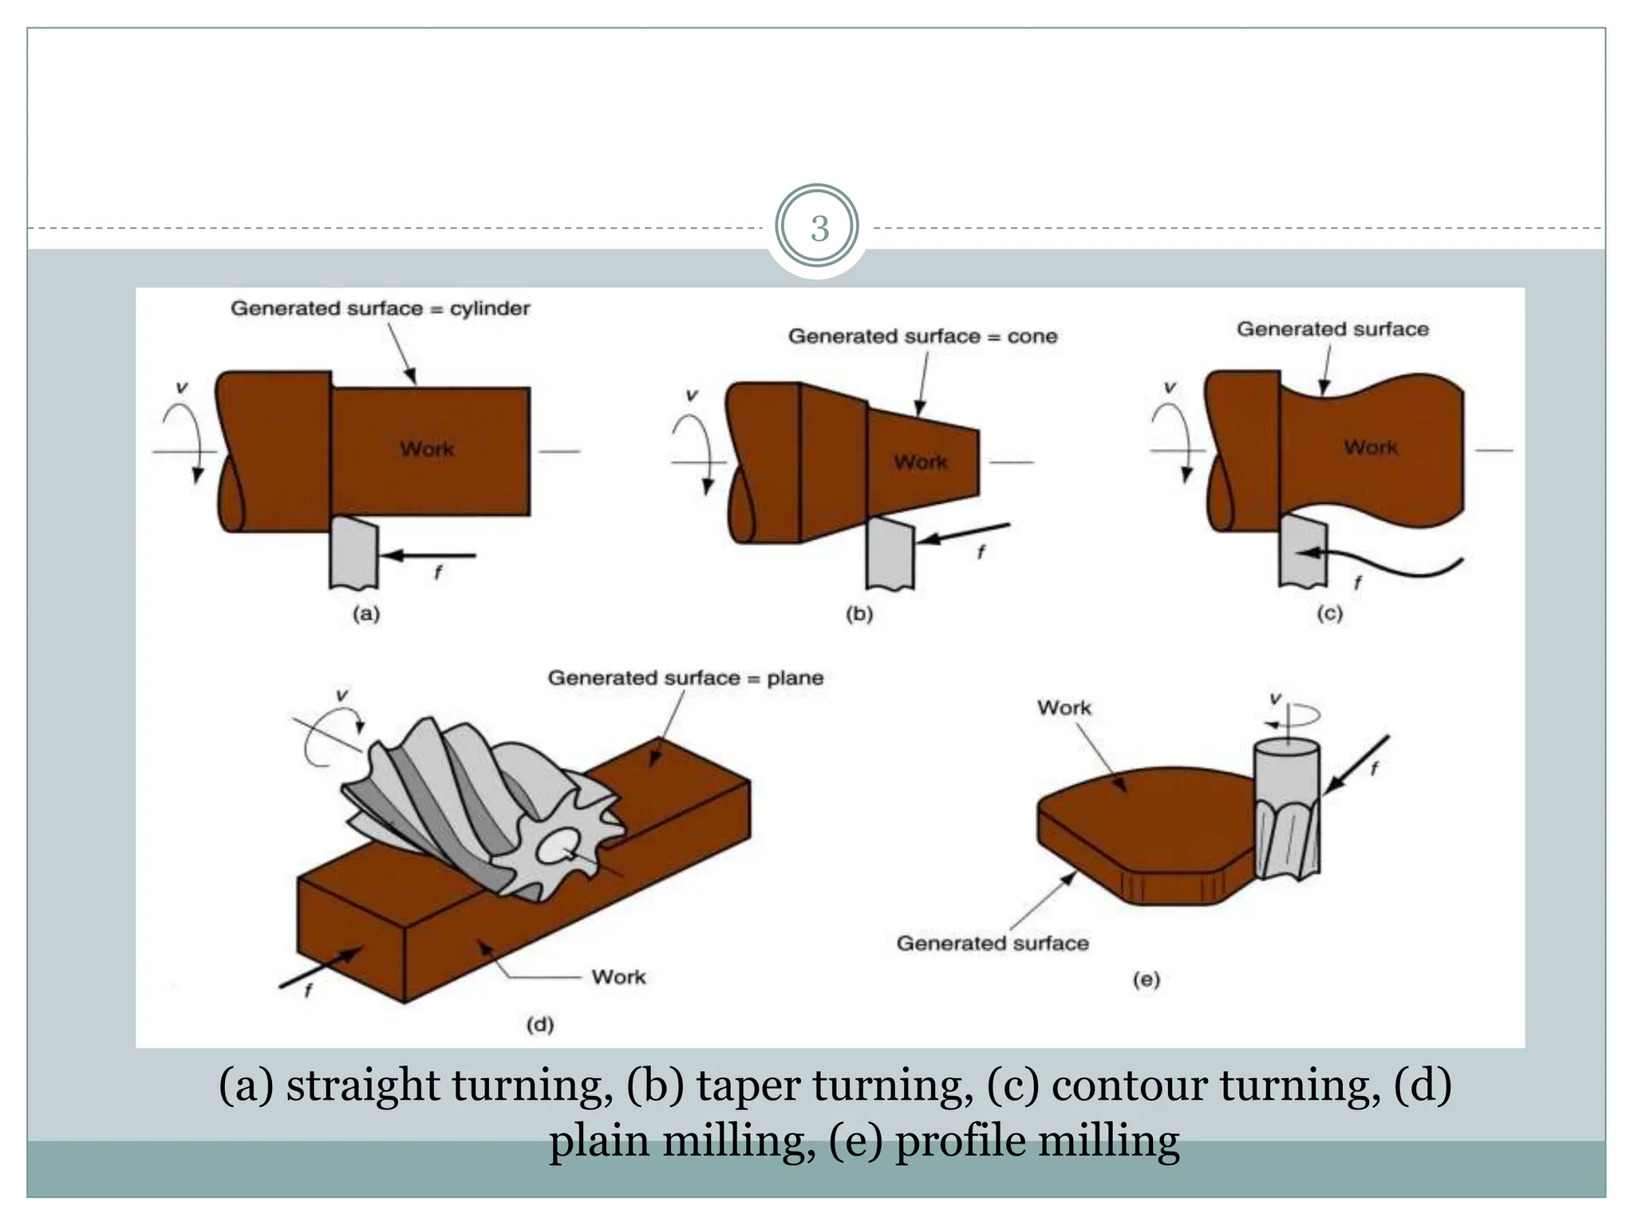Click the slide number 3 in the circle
pyautogui.click(x=819, y=229)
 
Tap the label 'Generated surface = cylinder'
pyautogui.click(x=380, y=309)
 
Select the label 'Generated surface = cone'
pyautogui.click(x=922, y=337)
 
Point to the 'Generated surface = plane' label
pyautogui.click(x=685, y=678)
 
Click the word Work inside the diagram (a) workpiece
pyautogui.click(x=427, y=449)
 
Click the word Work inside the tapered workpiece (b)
pyautogui.click(x=920, y=463)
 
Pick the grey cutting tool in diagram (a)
pyautogui.click(x=353, y=553)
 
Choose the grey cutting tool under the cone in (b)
pyautogui.click(x=890, y=554)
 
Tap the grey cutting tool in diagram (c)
pyautogui.click(x=1302, y=550)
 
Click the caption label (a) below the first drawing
pyautogui.click(x=366, y=614)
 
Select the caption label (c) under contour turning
pyautogui.click(x=1329, y=613)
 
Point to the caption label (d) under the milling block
pyautogui.click(x=540, y=1024)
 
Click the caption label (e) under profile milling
pyautogui.click(x=1146, y=979)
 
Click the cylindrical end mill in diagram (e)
pyautogui.click(x=1286, y=806)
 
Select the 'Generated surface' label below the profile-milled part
pyautogui.click(x=992, y=943)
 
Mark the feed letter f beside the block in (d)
pyautogui.click(x=308, y=991)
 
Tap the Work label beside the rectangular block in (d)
pyautogui.click(x=618, y=977)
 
